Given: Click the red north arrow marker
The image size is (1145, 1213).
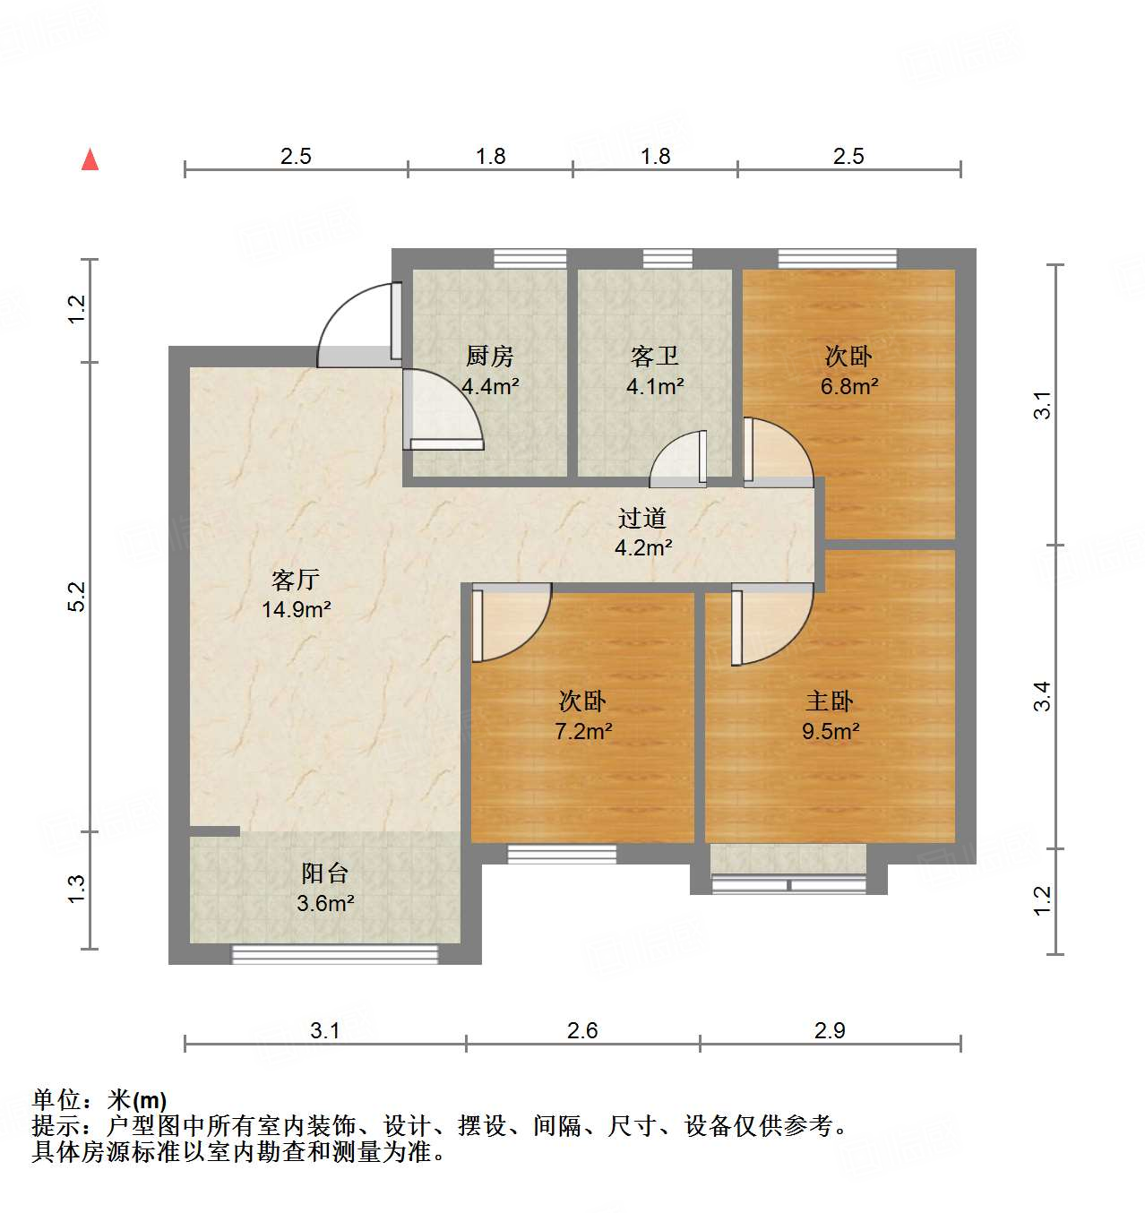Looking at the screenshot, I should [90, 159].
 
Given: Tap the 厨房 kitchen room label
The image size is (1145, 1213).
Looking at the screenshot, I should [489, 357].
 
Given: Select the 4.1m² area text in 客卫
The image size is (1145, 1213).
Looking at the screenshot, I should [655, 387].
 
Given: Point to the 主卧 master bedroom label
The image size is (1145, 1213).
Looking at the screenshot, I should [830, 701].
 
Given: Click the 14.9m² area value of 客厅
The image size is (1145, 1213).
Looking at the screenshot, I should [296, 610].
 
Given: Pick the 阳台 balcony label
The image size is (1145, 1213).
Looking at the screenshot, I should [324, 873].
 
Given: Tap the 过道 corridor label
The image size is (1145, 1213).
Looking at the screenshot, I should [642, 518].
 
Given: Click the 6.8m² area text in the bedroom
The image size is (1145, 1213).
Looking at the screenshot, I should [848, 387].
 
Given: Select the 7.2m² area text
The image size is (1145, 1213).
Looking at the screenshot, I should [583, 731].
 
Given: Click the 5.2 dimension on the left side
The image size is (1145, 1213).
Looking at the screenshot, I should [78, 597].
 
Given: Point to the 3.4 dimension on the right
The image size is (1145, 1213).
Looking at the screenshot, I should [1042, 696].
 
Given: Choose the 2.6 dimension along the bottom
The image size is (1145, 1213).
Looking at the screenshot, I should [582, 1031].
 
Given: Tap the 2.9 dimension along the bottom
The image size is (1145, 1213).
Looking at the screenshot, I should [830, 1031].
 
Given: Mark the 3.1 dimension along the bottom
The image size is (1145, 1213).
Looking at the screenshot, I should [325, 1031].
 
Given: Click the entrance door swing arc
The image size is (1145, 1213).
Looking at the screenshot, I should [354, 323].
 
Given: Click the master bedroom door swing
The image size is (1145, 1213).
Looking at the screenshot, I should [772, 624].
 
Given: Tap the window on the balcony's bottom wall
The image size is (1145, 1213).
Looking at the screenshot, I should [335, 954].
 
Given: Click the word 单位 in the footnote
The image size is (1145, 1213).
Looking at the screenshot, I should [56, 1100].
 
